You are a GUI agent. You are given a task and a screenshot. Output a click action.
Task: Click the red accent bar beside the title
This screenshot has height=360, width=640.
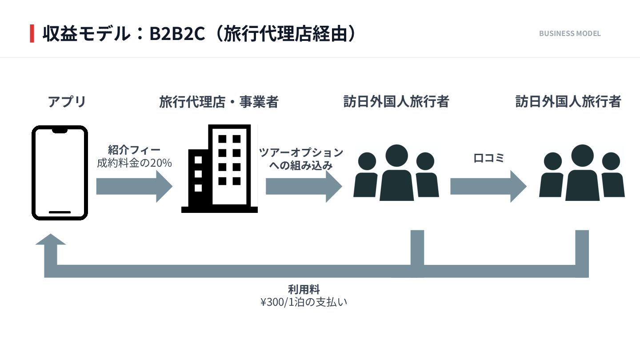tap(32, 34)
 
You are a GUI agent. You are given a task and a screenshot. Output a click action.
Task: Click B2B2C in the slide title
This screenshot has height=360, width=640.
tap(177, 34)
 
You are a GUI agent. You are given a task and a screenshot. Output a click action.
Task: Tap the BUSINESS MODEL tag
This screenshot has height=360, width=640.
tap(570, 33)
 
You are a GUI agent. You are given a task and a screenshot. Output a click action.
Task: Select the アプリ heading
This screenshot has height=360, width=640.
tap(67, 102)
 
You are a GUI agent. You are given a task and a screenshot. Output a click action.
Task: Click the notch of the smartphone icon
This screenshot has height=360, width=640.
tap(60, 130)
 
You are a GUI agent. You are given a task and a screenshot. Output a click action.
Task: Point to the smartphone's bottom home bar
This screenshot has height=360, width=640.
tap(60, 212)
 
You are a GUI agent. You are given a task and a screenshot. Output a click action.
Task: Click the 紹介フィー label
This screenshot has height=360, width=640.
tap(134, 150)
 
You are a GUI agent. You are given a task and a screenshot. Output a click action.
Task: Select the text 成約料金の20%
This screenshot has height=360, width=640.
tap(134, 163)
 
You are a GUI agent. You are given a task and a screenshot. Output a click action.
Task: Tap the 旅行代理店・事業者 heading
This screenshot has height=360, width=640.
tap(219, 102)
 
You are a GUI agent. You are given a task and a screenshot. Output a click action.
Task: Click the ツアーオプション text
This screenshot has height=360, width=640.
tap(301, 152)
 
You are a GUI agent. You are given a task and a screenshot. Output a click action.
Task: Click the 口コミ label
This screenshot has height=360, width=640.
tap(488, 158)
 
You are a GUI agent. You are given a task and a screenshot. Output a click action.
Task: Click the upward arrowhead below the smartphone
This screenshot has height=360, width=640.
tap(51, 240)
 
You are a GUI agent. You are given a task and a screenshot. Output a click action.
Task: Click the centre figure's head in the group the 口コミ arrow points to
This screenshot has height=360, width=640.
tap(582, 156)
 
